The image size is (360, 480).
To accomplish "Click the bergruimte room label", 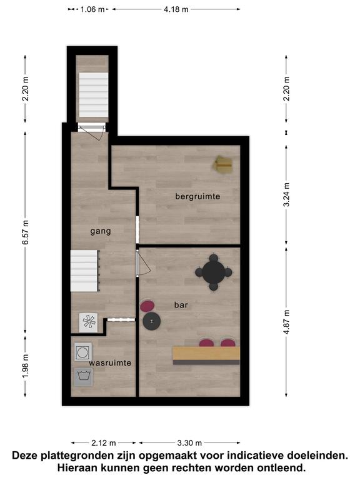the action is pyautogui.click(x=197, y=196).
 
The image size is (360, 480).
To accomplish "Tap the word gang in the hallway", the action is pyautogui.click(x=101, y=231).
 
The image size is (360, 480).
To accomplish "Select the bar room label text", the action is pyautogui.click(x=181, y=305).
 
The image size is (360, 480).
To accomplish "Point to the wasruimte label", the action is pyautogui.click(x=110, y=362).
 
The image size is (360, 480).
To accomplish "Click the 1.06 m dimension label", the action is pyautogui.click(x=92, y=9).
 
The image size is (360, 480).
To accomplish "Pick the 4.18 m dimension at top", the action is pyautogui.click(x=176, y=9).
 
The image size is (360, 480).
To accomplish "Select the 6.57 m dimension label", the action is pyautogui.click(x=26, y=232).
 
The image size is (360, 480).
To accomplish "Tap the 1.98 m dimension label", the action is pyautogui.click(x=26, y=366).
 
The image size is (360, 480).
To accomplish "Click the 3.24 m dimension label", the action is pyautogui.click(x=286, y=195).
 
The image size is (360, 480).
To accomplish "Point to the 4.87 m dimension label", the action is pyautogui.click(x=286, y=322).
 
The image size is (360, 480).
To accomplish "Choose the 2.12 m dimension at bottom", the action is pyautogui.click(x=104, y=442).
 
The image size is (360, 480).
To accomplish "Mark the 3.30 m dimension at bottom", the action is pyautogui.click(x=189, y=442).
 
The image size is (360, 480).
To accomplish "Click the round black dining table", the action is pyautogui.click(x=214, y=272).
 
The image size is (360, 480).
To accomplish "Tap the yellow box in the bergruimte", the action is pyautogui.click(x=223, y=165).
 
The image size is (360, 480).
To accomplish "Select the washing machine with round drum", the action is pyautogui.click(x=83, y=352).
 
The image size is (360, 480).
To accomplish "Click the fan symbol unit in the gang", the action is pyautogui.click(x=89, y=322).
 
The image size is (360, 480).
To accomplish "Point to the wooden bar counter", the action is pyautogui.click(x=206, y=356).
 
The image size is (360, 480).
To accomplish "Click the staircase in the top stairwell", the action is pyautogui.click(x=94, y=95).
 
